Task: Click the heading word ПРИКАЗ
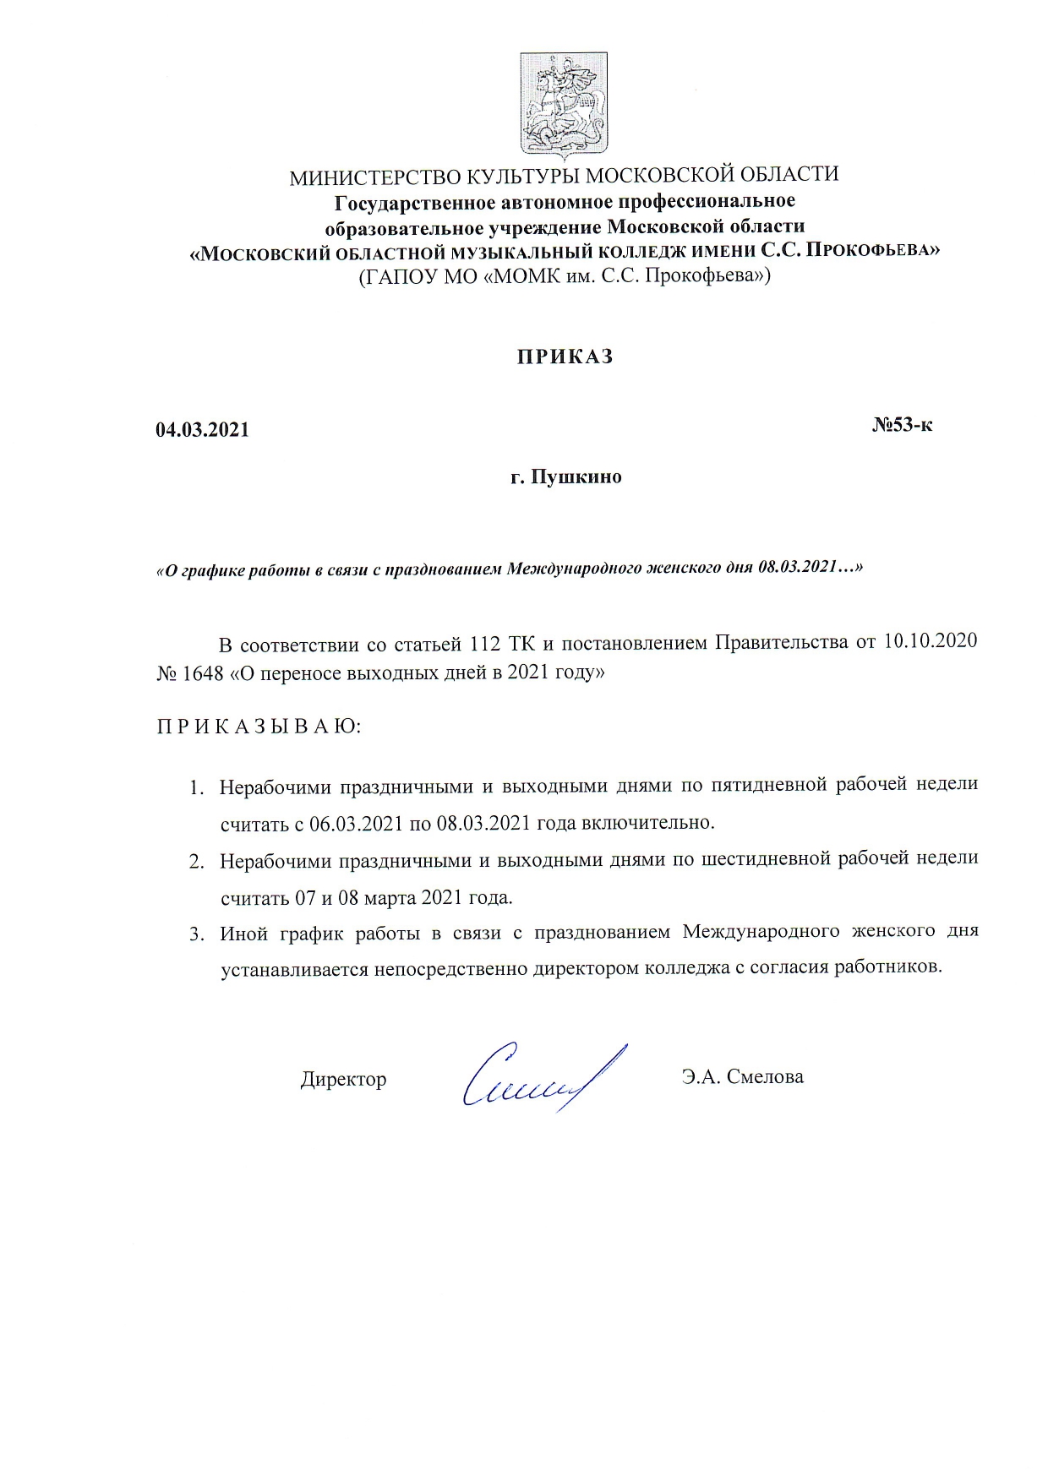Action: pos(565,357)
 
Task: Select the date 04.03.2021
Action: pos(203,430)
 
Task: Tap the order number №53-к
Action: pos(902,425)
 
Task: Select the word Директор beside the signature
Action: pos(343,1079)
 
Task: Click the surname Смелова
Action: pos(765,1077)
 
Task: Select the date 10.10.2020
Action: pos(930,641)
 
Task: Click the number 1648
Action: pos(203,674)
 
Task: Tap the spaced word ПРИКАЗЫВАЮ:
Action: pos(259,727)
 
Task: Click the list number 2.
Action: pos(195,863)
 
